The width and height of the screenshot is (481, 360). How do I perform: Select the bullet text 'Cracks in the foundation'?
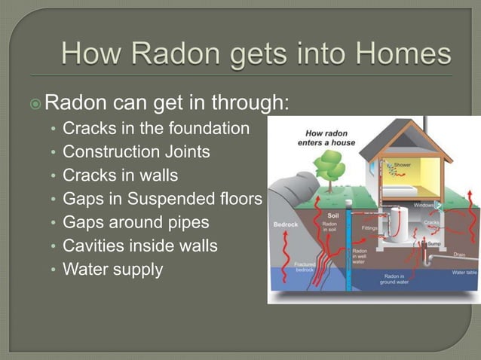coord(155,129)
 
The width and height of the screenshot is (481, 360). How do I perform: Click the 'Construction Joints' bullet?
coord(136,152)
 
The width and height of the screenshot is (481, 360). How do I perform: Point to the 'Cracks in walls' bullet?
coord(121,175)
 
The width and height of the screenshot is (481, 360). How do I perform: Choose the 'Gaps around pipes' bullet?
coord(136,222)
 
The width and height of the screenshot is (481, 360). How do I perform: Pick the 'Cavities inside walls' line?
coord(140,246)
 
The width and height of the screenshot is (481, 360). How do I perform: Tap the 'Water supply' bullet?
coord(112,269)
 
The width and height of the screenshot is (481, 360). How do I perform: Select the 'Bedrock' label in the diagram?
coord(284,224)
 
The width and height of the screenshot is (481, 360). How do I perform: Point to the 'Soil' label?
coord(333,215)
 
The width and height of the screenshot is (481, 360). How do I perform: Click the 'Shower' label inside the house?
coord(405,163)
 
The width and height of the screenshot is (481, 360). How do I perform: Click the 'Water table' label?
coord(464,272)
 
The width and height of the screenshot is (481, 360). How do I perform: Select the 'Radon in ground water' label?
coord(395,280)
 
